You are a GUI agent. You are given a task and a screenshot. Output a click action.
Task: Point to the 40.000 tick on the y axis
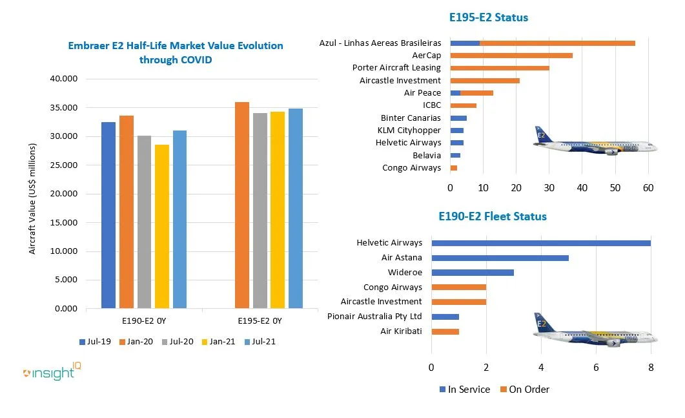point(64,79)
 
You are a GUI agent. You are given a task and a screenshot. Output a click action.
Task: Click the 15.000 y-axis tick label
point(64,222)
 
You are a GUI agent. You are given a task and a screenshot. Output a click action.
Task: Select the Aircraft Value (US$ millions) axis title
point(32,198)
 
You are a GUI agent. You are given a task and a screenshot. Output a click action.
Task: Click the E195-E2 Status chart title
point(488,17)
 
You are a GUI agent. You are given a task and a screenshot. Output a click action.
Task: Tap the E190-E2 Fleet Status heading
point(492,216)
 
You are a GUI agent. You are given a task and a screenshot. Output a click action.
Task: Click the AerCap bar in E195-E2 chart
point(511,56)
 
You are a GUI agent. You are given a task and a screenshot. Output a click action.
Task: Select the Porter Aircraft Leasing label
point(396,68)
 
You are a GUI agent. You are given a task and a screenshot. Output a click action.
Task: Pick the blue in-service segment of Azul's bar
point(464,43)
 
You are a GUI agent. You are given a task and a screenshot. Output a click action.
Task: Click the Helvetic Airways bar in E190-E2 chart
point(540,243)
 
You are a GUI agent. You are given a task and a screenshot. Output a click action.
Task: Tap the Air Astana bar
point(500,258)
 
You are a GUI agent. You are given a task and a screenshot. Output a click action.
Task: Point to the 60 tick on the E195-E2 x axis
point(648,187)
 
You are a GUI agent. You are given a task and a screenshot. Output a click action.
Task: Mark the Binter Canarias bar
point(458,118)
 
